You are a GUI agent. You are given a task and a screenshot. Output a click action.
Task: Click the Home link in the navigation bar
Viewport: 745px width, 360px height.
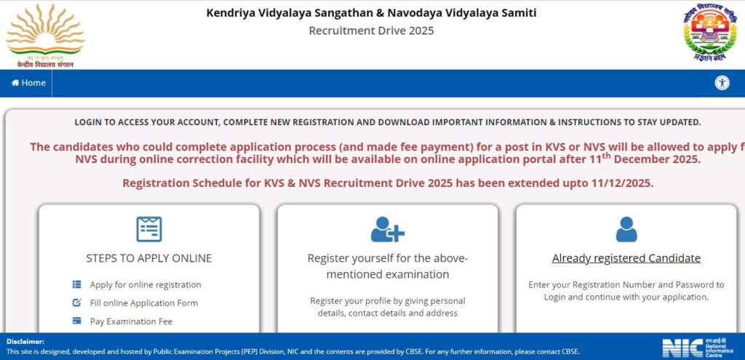pyautogui.click(x=28, y=83)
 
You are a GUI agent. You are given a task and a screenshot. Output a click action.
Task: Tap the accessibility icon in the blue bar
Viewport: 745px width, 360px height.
pyautogui.click(x=722, y=83)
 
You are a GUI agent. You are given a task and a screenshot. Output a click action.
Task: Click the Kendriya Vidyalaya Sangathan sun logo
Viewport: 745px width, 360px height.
pyautogui.click(x=45, y=33)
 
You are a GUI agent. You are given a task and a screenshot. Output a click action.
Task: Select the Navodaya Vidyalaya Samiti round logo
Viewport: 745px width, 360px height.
pyautogui.click(x=709, y=33)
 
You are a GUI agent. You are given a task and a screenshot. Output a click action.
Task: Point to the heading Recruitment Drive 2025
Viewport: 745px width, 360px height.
pyautogui.click(x=371, y=30)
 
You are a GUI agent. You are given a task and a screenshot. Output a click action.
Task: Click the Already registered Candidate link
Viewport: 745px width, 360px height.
pyautogui.click(x=626, y=258)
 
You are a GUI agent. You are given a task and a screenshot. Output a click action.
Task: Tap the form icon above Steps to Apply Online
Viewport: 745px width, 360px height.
pyautogui.click(x=149, y=229)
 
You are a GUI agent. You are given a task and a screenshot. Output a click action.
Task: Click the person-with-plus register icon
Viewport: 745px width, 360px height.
pyautogui.click(x=387, y=229)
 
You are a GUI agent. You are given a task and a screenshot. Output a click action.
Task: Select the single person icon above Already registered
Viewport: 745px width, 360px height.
pyautogui.click(x=626, y=229)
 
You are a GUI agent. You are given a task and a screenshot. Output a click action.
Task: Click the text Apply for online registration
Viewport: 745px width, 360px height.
pyautogui.click(x=146, y=284)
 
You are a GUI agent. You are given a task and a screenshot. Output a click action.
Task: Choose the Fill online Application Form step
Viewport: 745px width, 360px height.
pyautogui.click(x=144, y=303)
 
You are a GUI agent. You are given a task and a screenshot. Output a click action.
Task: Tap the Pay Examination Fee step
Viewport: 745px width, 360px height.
pyautogui.click(x=131, y=321)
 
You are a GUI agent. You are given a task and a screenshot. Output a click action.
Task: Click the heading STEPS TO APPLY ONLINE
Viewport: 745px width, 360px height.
pyautogui.click(x=149, y=258)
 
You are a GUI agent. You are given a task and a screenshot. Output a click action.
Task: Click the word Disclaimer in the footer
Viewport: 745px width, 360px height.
pyautogui.click(x=25, y=341)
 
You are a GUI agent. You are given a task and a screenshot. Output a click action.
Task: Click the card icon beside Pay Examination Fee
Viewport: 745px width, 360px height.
pyautogui.click(x=76, y=321)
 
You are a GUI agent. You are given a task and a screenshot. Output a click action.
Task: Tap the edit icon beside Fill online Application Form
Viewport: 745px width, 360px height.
pyautogui.click(x=76, y=303)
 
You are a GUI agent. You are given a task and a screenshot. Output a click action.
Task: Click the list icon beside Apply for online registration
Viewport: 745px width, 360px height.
pyautogui.click(x=76, y=284)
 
